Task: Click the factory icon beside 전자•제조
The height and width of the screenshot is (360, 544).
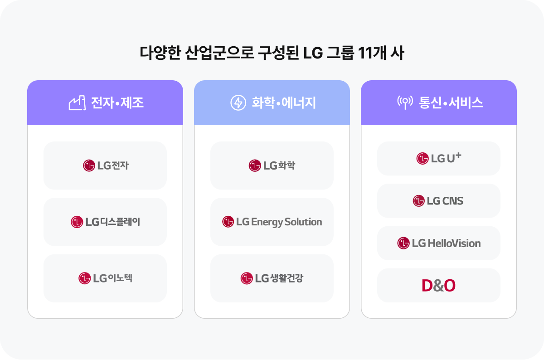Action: coord(77,103)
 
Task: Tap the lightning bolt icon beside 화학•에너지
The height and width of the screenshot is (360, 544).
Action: coord(238,103)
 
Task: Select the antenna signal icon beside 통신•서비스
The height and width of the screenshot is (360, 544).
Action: coord(405,102)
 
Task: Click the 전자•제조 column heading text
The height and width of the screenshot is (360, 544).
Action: coord(117,103)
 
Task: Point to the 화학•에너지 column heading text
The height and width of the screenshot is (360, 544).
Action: coord(284,103)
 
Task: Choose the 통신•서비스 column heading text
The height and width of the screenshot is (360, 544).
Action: coord(451,103)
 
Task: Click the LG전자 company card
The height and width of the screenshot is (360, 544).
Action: coord(105,165)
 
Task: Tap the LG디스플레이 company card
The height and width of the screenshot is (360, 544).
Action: coord(105,222)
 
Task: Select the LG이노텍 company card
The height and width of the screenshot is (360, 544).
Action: coord(105,278)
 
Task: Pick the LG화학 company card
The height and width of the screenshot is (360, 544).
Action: coord(272,165)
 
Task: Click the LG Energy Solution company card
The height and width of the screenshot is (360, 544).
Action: coord(272,222)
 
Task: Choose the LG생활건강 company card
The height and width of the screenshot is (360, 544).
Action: coord(272,278)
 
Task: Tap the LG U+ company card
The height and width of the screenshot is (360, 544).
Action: coord(439,158)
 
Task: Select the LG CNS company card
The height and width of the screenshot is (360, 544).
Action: coord(439,201)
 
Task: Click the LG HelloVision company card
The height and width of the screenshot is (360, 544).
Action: coord(439,243)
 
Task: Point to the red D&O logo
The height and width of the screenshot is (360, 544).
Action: coord(439,286)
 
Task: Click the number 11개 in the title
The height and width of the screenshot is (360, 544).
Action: coord(372,53)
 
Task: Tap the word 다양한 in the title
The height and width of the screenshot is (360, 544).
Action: coord(160,53)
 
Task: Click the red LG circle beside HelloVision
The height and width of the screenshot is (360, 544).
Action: coord(403,243)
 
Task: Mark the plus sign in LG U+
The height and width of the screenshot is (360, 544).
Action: coord(458,156)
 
